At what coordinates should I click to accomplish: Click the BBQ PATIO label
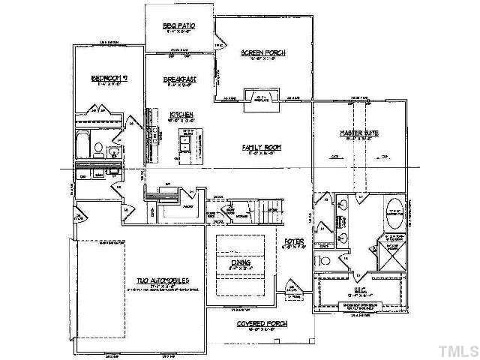point(179,26)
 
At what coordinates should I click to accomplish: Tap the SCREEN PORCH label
point(262,52)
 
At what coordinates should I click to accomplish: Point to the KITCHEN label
point(181,114)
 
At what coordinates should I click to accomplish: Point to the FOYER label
point(293,241)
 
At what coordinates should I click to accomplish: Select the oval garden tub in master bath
point(394,211)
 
